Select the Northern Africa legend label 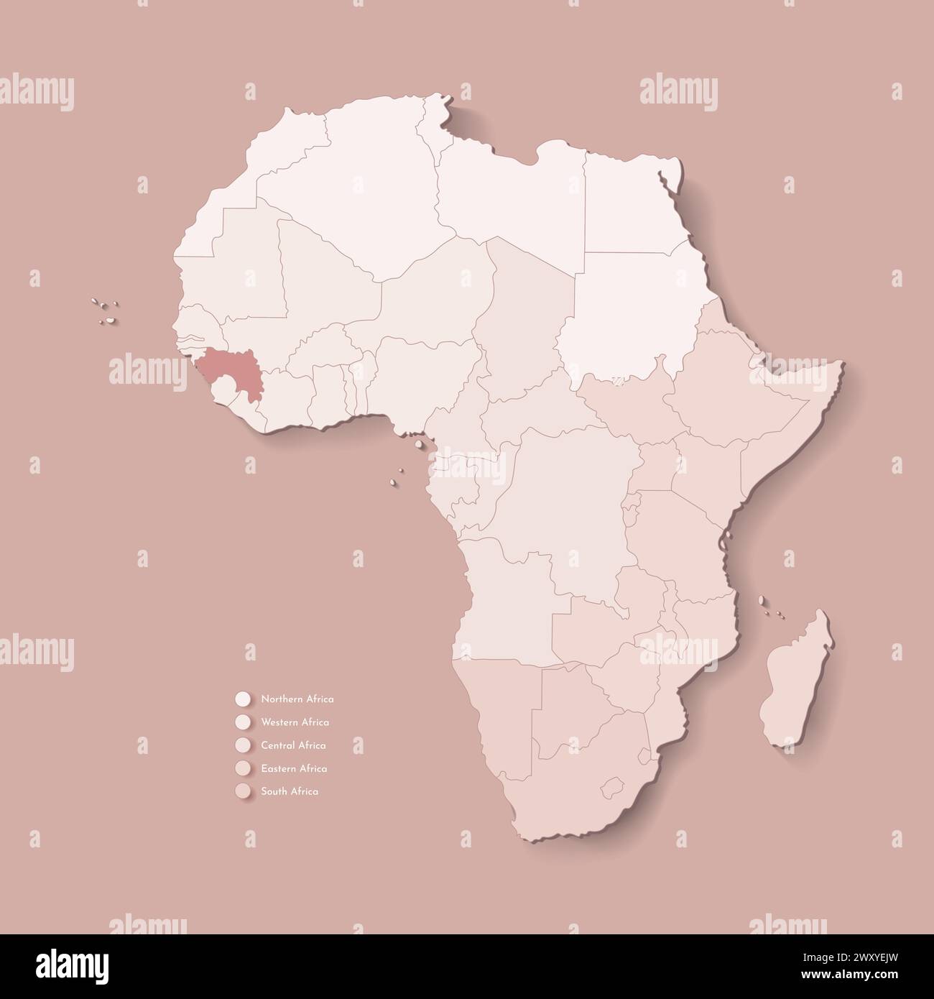click(x=297, y=699)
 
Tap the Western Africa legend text click(x=295, y=722)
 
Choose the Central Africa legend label click(x=294, y=745)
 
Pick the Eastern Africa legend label click(x=294, y=768)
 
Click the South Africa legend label click(x=290, y=791)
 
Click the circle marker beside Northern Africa click(x=242, y=699)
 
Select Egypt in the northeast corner click(x=629, y=201)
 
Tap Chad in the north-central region click(x=524, y=316)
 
